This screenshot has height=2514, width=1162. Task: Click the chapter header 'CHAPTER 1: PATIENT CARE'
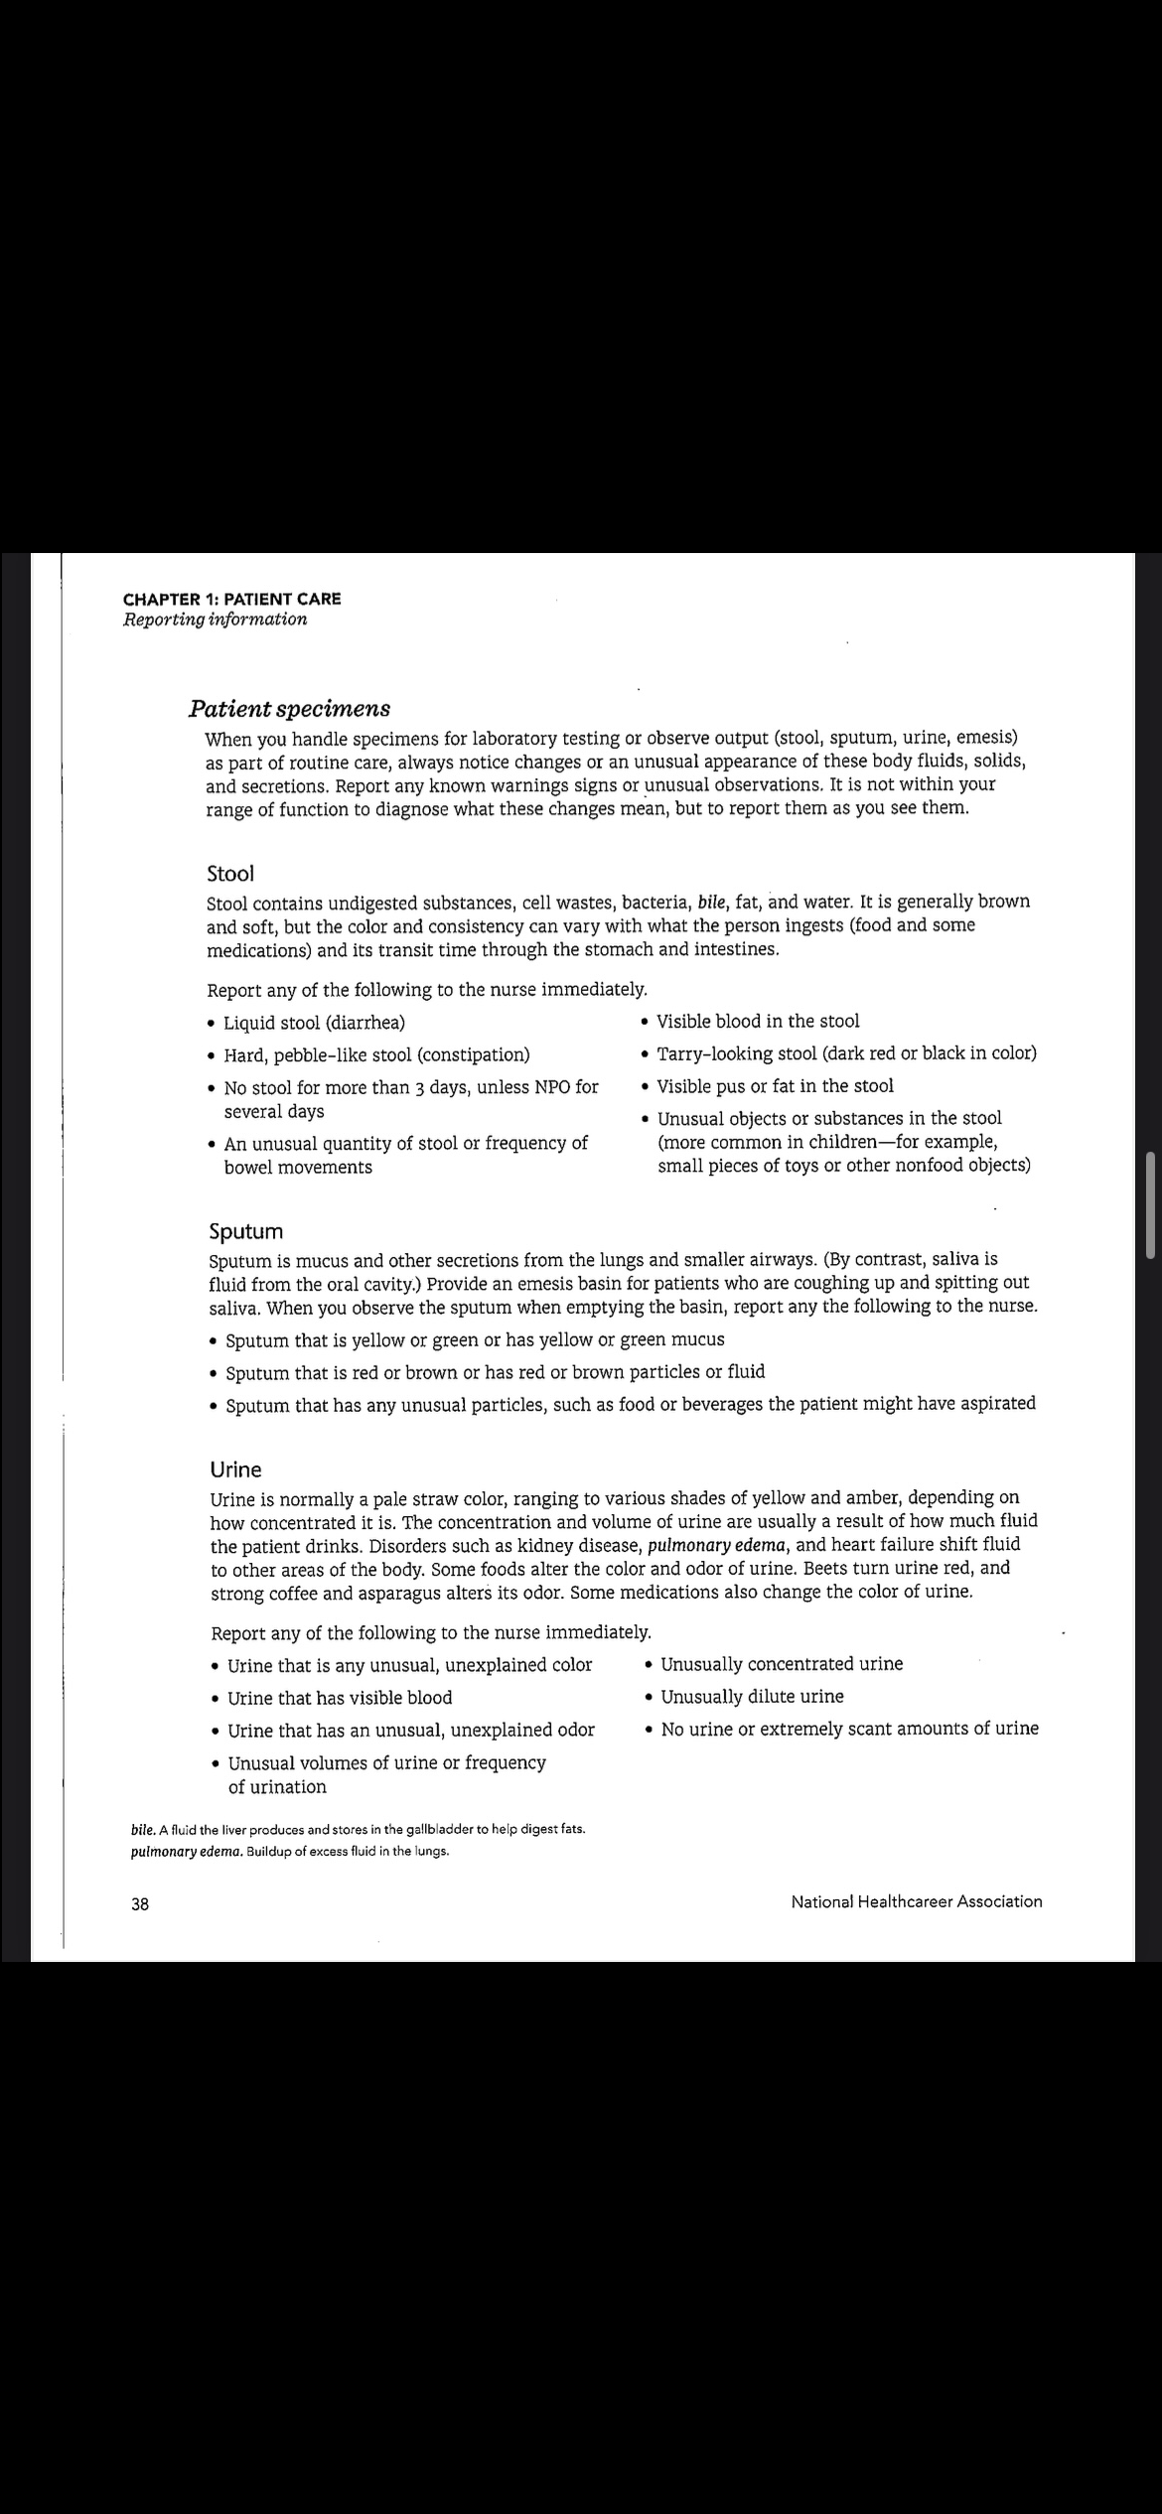(x=231, y=599)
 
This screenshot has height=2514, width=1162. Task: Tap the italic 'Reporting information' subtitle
(x=215, y=620)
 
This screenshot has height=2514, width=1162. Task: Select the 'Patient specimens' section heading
(x=289, y=709)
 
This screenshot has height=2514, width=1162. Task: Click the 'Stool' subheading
(x=230, y=874)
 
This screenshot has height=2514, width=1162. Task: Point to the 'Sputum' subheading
(x=246, y=1231)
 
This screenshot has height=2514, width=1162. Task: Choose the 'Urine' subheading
(x=236, y=1469)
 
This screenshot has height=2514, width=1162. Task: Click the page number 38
(x=140, y=1904)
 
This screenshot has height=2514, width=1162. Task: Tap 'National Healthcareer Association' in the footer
(x=916, y=1901)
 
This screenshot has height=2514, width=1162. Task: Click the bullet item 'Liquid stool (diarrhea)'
(x=314, y=1023)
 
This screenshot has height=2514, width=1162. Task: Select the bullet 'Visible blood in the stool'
(x=758, y=1021)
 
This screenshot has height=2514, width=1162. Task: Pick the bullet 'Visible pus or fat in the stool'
(x=775, y=1086)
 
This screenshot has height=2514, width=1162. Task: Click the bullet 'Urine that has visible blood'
(x=340, y=1698)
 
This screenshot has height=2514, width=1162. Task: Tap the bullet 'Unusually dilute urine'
(x=752, y=1697)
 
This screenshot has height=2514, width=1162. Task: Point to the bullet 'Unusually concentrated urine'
(x=782, y=1664)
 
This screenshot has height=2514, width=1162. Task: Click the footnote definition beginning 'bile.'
(x=358, y=1829)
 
